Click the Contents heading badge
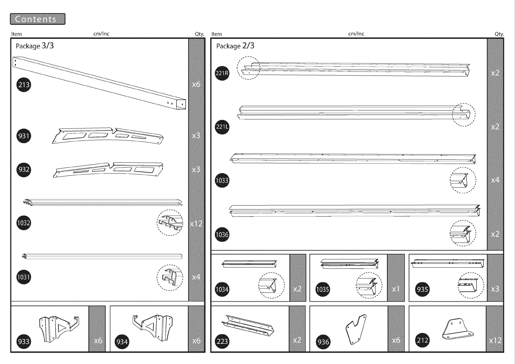[x=38, y=19]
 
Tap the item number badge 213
[x=24, y=85]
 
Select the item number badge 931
[x=24, y=136]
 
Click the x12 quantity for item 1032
[x=196, y=224]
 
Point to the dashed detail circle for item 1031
[x=170, y=277]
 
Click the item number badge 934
[x=122, y=341]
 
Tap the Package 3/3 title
[x=35, y=46]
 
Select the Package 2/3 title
[x=235, y=46]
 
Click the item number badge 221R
[x=222, y=73]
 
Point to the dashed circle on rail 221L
[x=464, y=114]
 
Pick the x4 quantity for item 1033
[x=495, y=180]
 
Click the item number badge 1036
[x=222, y=235]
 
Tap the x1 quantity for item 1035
[x=396, y=289]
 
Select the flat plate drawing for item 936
[x=356, y=329]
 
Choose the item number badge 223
[x=222, y=341]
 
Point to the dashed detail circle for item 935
[x=471, y=285]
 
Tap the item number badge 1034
[x=222, y=289]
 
